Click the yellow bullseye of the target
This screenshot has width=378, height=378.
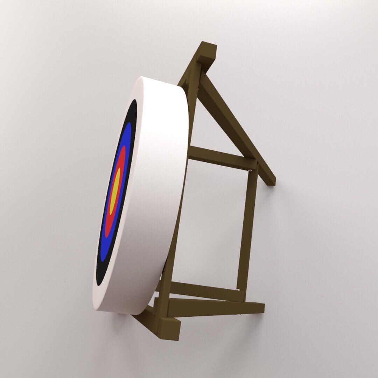pyautogui.click(x=115, y=191)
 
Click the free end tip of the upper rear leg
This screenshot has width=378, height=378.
pyautogui.click(x=271, y=180)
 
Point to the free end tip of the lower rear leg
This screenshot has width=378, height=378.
pyautogui.click(x=259, y=308)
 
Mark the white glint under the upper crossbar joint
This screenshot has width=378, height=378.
pyautogui.click(x=250, y=171)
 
